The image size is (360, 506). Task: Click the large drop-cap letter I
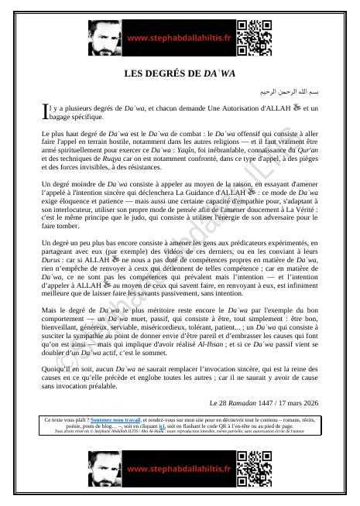tap(43, 113)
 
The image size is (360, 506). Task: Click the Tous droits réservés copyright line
tap(180, 432)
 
